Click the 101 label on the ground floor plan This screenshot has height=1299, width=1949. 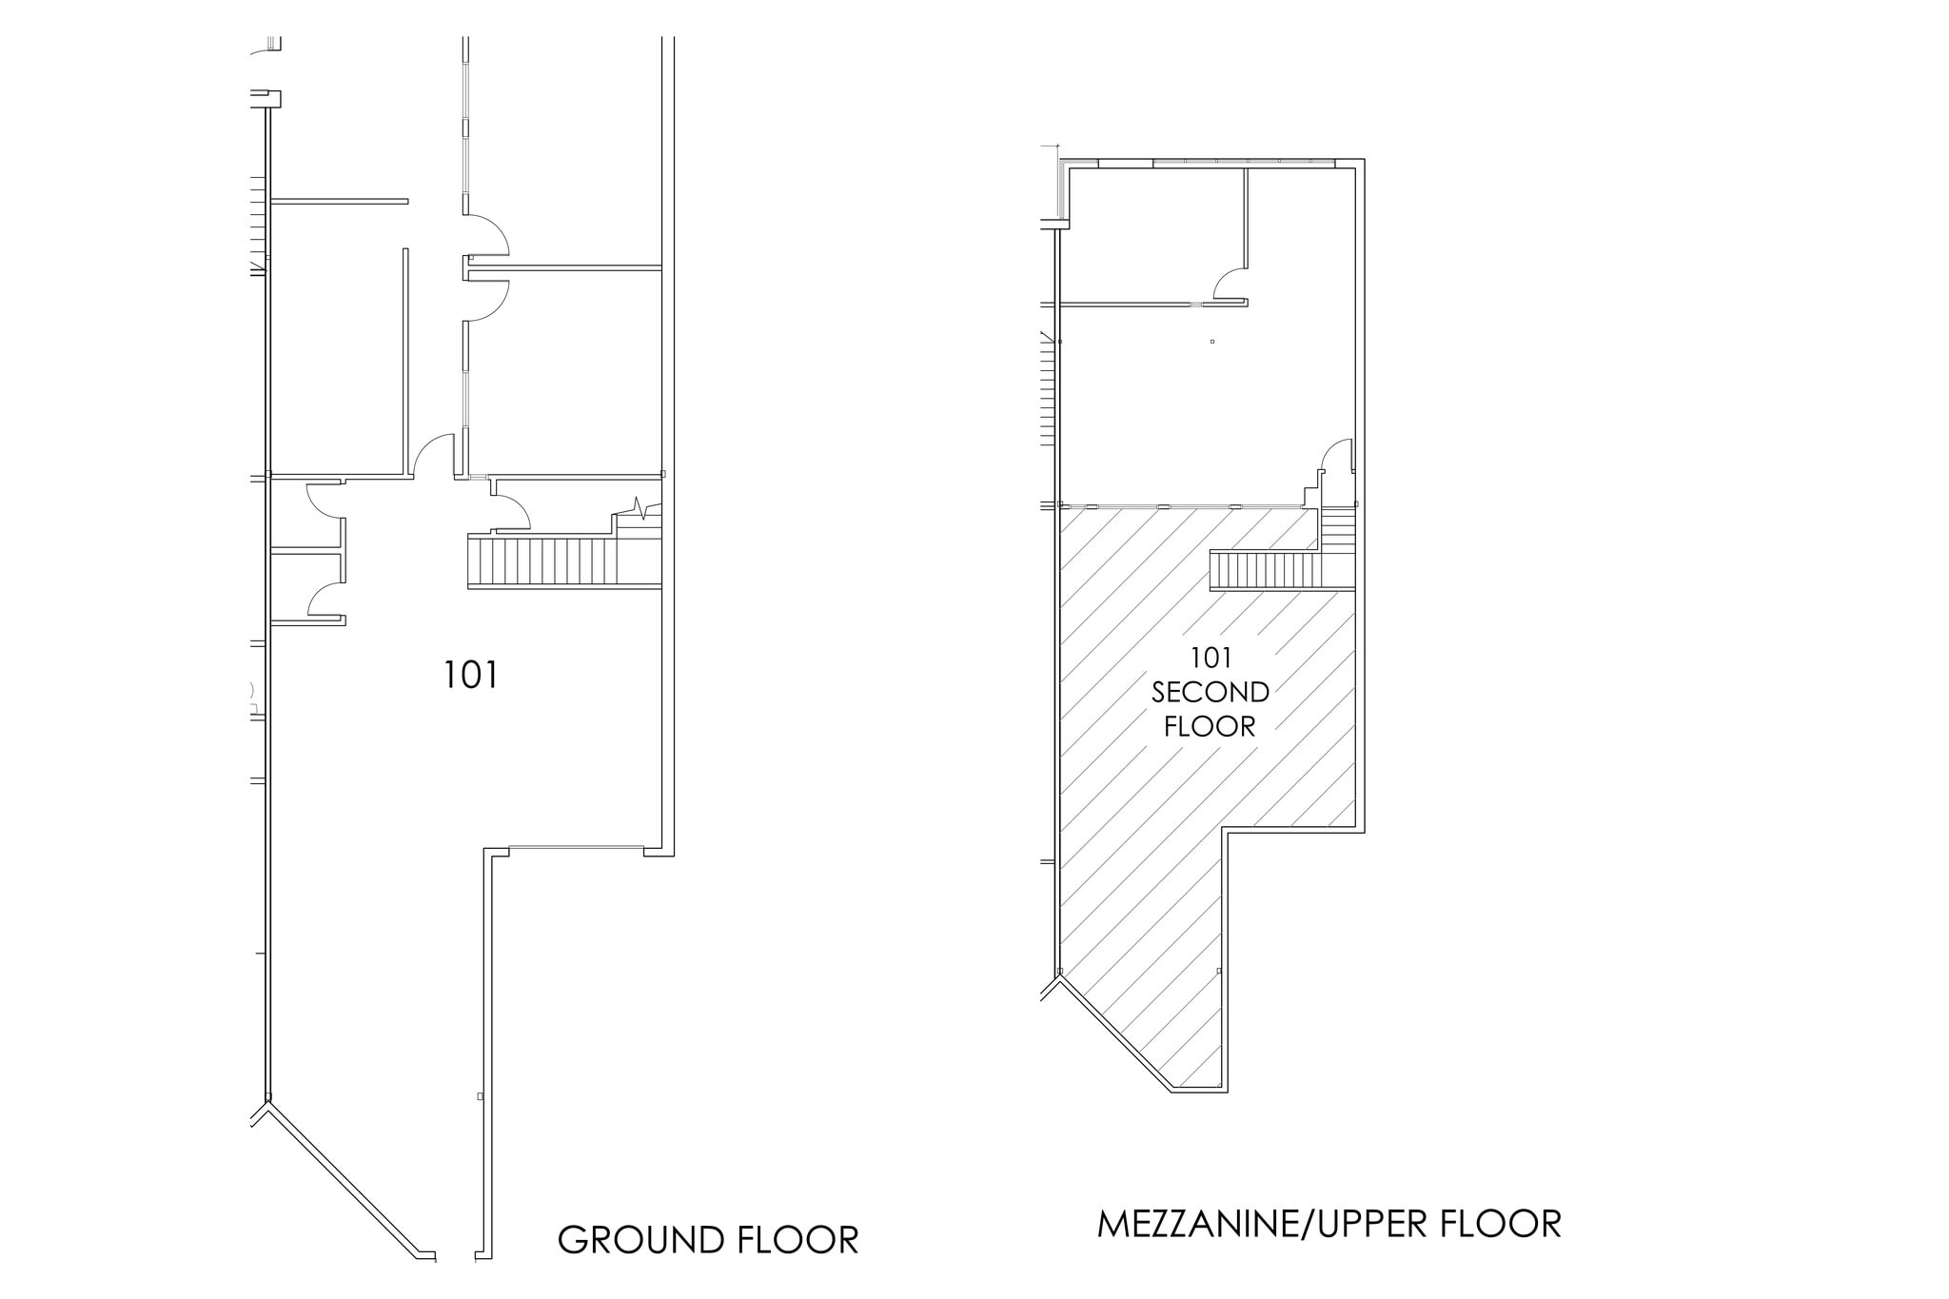coord(471,676)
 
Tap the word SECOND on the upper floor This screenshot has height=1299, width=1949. coord(1210,692)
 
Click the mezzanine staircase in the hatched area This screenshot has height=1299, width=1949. coord(1267,571)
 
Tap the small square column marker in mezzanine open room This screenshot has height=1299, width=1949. coord(1212,341)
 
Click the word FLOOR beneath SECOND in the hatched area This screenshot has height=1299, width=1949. coord(1210,727)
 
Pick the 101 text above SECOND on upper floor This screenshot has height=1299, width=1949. coord(1211,658)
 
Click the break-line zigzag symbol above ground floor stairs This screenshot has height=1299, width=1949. coord(642,508)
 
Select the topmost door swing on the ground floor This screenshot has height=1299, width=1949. coord(487,234)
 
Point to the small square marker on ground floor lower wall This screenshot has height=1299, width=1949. coord(480,1096)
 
